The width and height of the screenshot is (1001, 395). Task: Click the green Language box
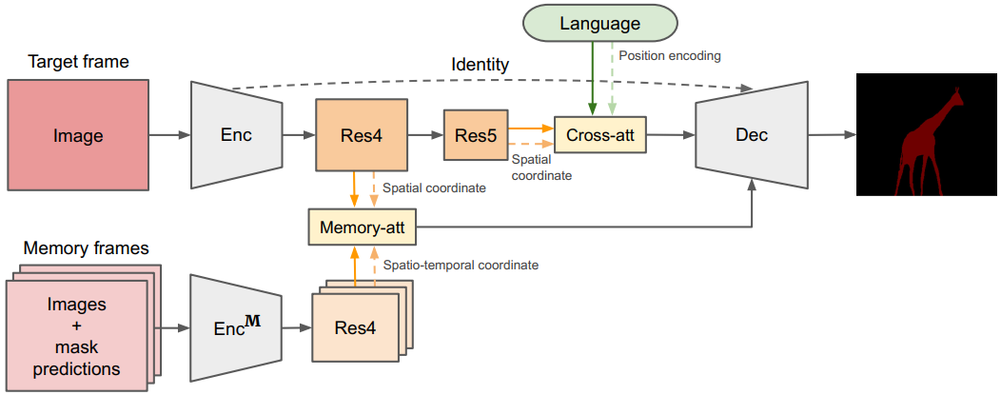click(x=599, y=24)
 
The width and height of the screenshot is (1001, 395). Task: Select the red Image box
click(x=78, y=135)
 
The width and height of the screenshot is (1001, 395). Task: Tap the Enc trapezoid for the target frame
click(x=236, y=135)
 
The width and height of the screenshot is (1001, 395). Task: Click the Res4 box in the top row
click(x=363, y=135)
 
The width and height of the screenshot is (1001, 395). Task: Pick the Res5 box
click(x=475, y=135)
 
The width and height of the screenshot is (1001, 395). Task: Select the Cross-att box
click(x=599, y=135)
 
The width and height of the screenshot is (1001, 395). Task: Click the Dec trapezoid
click(x=752, y=135)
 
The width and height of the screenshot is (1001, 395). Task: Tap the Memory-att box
click(x=363, y=227)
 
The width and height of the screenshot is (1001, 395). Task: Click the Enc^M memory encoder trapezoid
click(x=236, y=328)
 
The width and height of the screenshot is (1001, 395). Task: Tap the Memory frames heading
click(x=87, y=248)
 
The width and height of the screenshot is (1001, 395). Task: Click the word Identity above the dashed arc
click(x=480, y=66)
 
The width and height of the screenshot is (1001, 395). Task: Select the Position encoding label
click(x=669, y=56)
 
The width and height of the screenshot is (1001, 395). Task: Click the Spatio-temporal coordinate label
click(x=461, y=265)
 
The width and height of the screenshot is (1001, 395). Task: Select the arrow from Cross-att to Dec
click(x=671, y=135)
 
